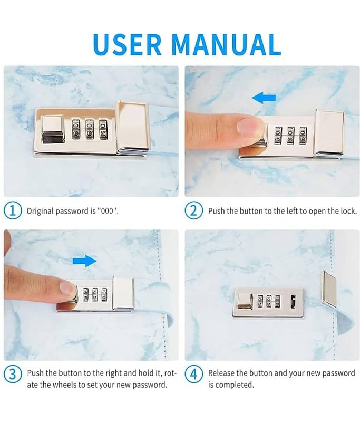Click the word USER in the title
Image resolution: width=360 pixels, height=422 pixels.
127,44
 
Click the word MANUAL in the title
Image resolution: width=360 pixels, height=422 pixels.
226,44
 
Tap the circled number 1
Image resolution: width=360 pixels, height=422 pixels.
12,210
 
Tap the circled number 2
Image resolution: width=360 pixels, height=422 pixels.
193,210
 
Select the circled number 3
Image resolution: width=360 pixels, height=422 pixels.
12,375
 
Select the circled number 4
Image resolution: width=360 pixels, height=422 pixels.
193,375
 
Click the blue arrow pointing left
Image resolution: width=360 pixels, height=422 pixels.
264,98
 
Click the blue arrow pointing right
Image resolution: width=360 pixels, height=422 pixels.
85,261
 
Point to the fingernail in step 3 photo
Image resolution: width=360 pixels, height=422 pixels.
67,288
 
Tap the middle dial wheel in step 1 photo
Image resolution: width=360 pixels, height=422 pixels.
90,129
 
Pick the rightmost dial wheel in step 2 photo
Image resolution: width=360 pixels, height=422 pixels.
303,135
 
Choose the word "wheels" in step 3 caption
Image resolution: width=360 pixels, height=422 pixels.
64,385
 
